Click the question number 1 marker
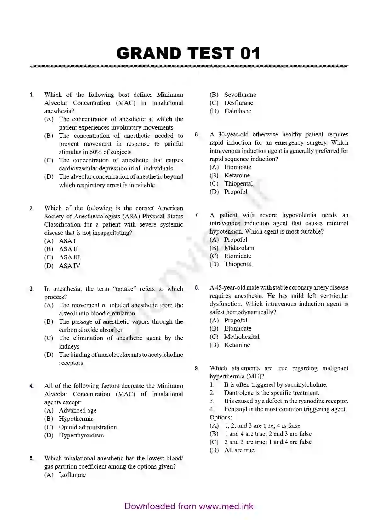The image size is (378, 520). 31,95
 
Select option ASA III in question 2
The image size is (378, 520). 69,257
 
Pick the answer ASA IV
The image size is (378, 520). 69,266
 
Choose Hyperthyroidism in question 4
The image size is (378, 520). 81,435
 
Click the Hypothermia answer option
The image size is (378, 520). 76,419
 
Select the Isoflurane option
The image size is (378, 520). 72,475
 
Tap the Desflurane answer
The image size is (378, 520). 238,103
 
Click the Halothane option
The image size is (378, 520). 238,111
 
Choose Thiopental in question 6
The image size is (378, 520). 238,183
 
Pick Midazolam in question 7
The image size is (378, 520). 239,248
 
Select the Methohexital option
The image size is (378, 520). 242,337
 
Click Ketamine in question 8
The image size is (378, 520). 237,345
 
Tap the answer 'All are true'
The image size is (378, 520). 239,450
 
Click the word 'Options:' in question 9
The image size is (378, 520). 221,417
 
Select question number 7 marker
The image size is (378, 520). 197,215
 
